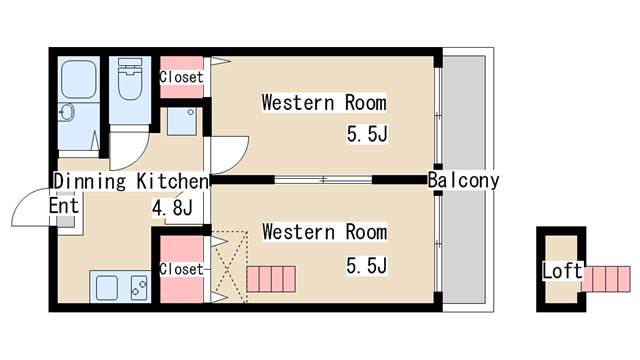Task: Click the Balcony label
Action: (x=463, y=181)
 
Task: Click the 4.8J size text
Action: (x=172, y=209)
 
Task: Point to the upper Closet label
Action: (x=181, y=77)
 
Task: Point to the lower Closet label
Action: (x=181, y=269)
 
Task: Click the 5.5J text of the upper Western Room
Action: (x=366, y=133)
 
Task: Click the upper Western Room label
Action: (x=323, y=102)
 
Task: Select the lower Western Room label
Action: (x=323, y=232)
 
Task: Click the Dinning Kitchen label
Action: (x=130, y=182)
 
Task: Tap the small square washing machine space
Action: (x=182, y=123)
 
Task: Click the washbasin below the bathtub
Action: (x=68, y=112)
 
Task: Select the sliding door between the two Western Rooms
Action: (x=323, y=180)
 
